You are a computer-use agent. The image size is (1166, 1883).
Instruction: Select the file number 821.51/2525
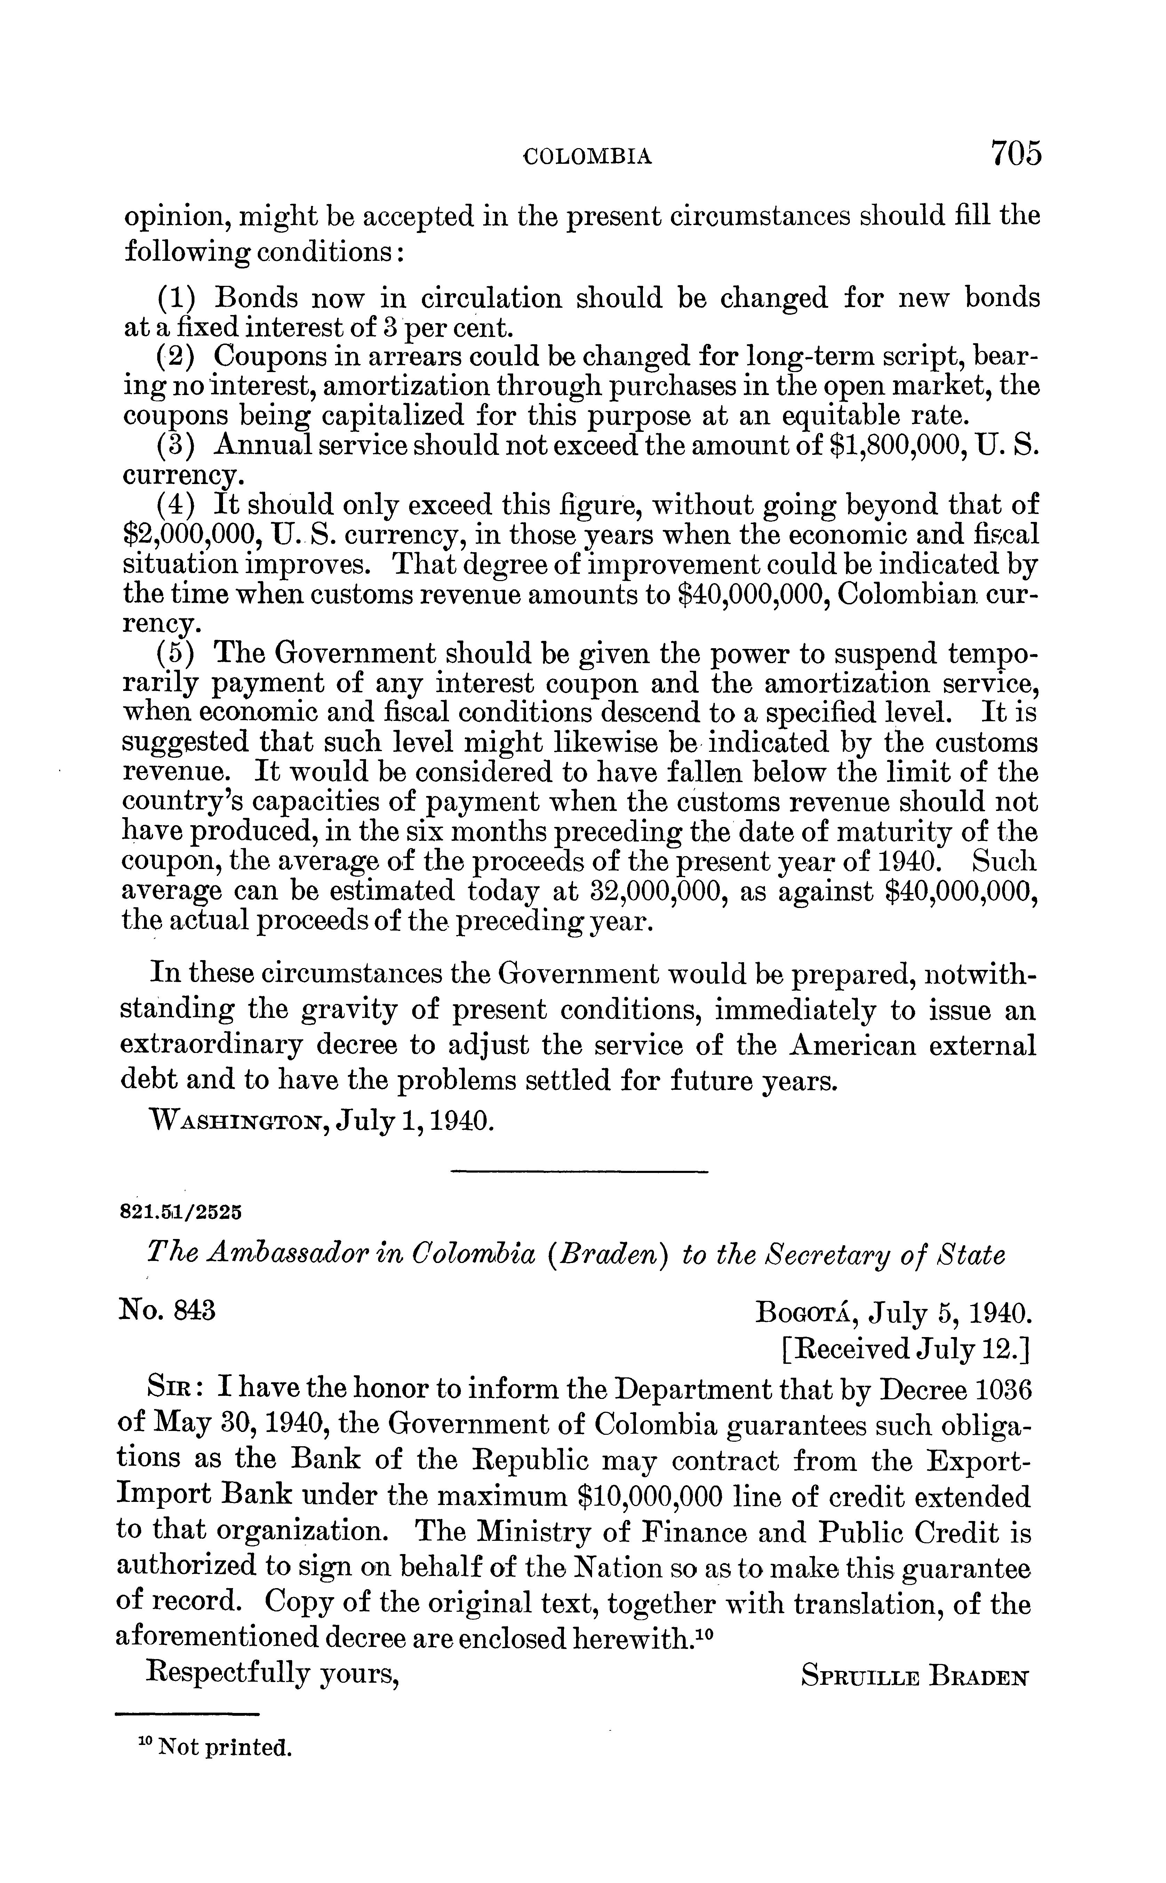(182, 1210)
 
